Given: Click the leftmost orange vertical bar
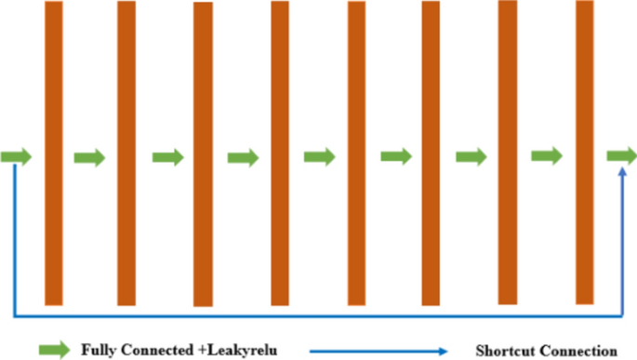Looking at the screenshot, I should tap(54, 153).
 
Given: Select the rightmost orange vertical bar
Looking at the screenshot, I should tap(584, 153).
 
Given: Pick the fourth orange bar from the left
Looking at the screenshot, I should tap(280, 153).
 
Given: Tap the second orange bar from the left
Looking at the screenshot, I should tap(126, 153).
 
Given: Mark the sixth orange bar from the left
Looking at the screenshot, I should tap(431, 153).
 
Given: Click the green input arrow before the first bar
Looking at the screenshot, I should tap(16, 156).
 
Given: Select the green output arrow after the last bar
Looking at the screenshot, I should tap(621, 156).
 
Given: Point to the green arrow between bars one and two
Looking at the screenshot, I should tap(90, 157).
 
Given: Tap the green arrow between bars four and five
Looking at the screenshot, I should tap(319, 156).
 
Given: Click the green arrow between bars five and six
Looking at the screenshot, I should tap(396, 156).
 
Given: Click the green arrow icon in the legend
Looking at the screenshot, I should tap(54, 350).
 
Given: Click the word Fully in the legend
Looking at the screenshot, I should tap(99, 350).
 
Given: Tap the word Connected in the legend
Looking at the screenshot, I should tap(155, 350).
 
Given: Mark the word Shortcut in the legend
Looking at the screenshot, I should tap(503, 350).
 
